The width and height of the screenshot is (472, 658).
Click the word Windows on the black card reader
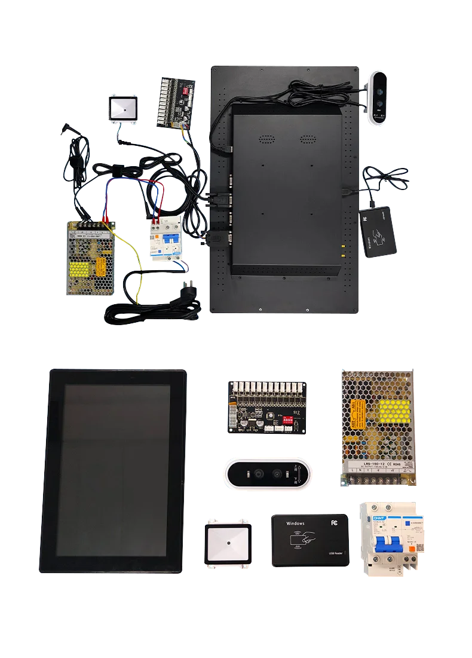click(x=295, y=524)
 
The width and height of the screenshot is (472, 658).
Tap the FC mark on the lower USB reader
click(x=333, y=522)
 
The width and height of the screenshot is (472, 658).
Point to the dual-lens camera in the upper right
click(x=379, y=99)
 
